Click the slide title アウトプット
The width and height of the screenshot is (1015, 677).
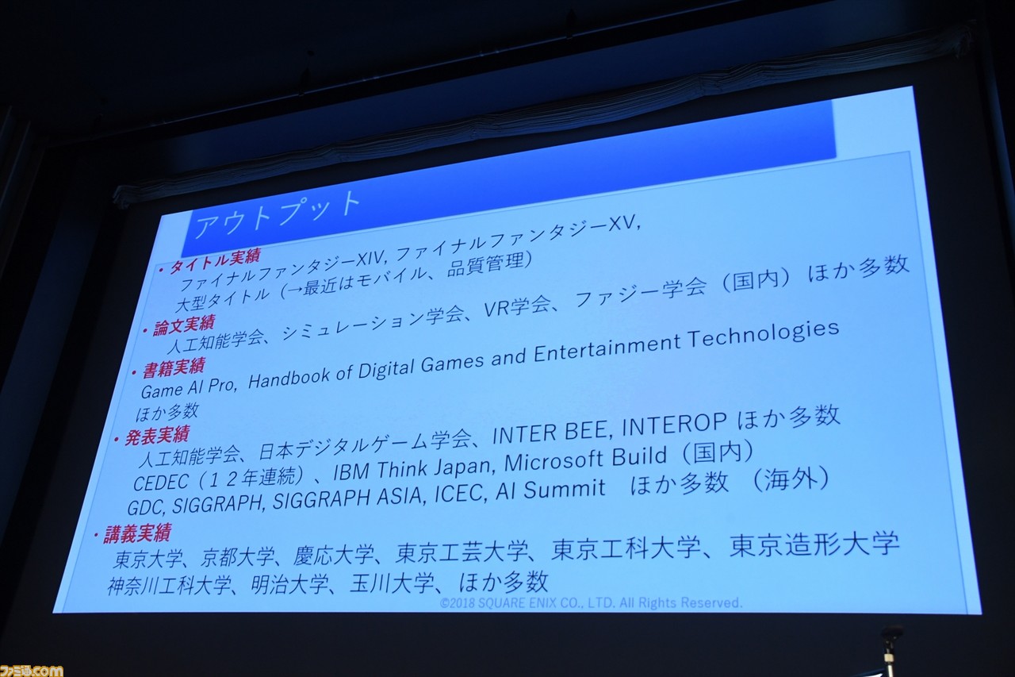(x=278, y=214)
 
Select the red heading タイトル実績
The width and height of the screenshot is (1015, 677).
(x=214, y=262)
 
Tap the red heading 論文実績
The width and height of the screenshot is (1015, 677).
(x=183, y=325)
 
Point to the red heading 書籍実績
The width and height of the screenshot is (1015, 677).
(x=174, y=368)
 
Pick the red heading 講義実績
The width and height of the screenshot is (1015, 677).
(x=137, y=533)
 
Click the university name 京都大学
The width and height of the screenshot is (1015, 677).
(x=237, y=557)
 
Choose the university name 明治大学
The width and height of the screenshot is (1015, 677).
(x=289, y=584)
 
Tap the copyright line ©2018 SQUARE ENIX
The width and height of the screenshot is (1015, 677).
(x=591, y=603)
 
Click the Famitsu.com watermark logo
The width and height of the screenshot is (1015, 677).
(x=31, y=670)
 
